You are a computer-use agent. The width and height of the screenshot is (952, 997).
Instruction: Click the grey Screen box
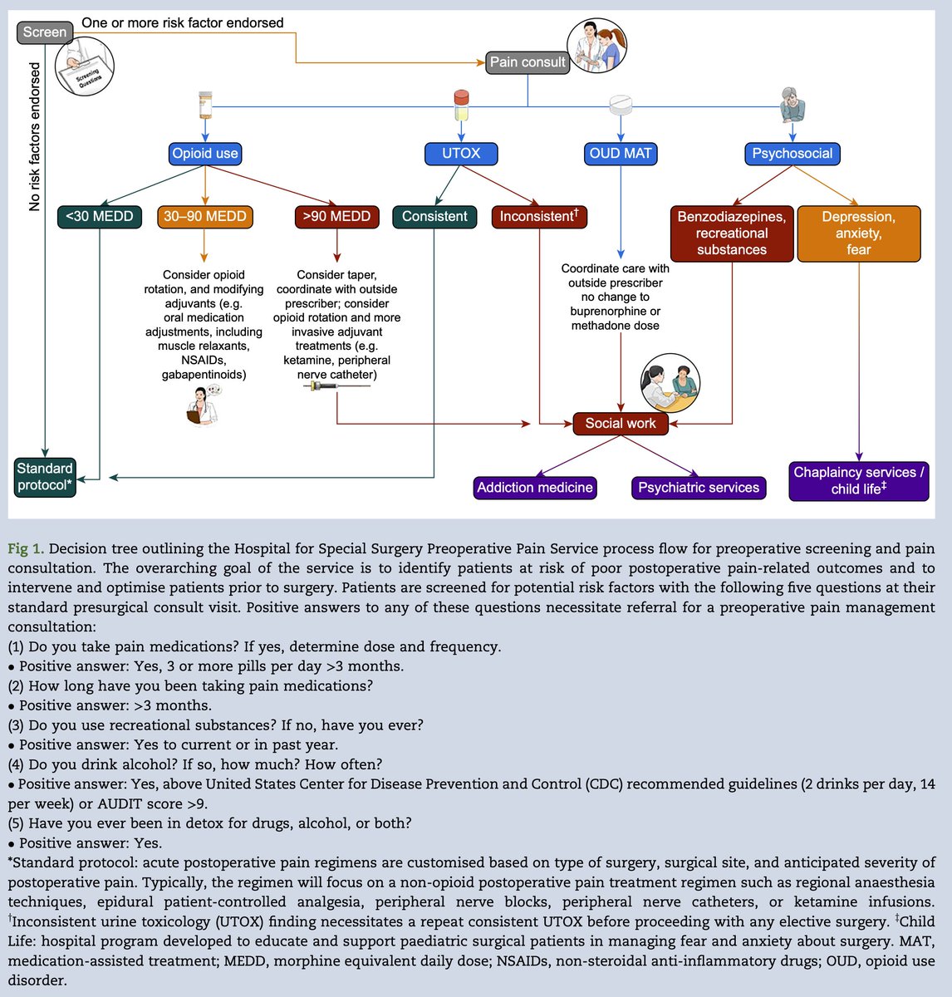click(x=45, y=32)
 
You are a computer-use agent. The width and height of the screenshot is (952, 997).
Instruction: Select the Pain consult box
click(x=528, y=62)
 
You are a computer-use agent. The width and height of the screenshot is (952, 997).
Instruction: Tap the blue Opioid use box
click(x=205, y=154)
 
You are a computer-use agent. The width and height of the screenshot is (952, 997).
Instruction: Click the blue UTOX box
click(x=461, y=154)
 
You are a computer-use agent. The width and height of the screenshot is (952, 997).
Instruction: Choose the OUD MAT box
click(x=621, y=154)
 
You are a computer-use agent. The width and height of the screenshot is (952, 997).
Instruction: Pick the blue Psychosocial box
click(x=793, y=154)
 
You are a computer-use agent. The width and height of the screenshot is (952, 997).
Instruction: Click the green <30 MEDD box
click(x=99, y=217)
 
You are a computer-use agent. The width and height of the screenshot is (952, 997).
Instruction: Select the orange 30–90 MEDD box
click(x=205, y=217)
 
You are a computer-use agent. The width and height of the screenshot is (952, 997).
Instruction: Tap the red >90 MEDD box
click(x=336, y=217)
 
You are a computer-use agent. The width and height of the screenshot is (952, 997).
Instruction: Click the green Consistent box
click(x=434, y=217)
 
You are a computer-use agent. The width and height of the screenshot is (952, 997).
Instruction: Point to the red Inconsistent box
click(x=539, y=217)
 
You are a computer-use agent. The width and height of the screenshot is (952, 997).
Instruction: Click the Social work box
click(x=621, y=424)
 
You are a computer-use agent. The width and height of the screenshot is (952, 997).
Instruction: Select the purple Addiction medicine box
click(x=535, y=488)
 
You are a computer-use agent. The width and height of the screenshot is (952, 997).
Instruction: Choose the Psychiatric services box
click(x=699, y=488)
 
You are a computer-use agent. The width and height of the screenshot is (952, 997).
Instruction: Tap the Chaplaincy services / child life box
click(x=859, y=481)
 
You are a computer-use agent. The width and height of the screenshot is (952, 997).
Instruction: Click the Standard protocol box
click(x=45, y=477)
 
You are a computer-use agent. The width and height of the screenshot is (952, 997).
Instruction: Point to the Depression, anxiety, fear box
click(x=859, y=233)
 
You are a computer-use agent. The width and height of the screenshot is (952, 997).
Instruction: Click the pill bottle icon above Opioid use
click(x=205, y=105)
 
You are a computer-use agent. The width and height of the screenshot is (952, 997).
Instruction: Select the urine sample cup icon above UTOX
click(x=461, y=105)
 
